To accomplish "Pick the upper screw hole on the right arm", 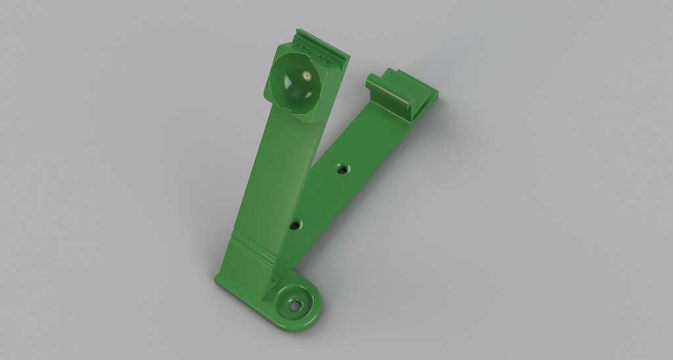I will (341, 169).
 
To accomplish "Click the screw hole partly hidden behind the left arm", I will (298, 225).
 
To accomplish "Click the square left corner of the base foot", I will (218, 282).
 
